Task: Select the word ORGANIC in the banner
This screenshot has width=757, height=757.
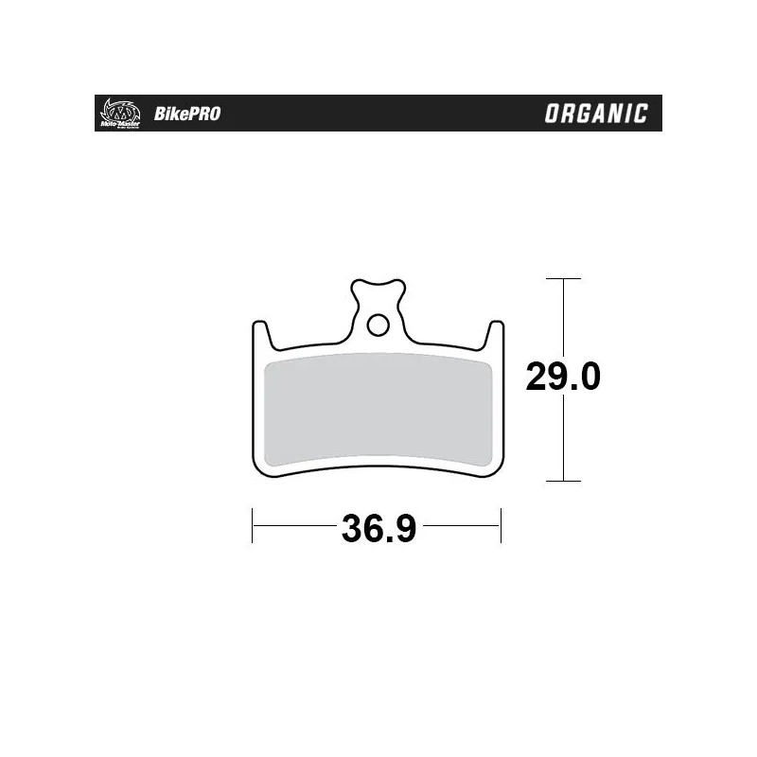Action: (596, 114)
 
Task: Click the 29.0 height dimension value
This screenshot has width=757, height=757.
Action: (564, 378)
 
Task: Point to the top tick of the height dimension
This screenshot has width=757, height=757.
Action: (564, 279)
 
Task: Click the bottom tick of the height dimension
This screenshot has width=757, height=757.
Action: (564, 482)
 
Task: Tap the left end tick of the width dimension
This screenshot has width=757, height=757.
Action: (253, 525)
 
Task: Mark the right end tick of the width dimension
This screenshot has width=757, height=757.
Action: (501, 525)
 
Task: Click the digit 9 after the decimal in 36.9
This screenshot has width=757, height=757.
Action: (405, 527)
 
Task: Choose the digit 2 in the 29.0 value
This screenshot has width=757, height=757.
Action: (537, 378)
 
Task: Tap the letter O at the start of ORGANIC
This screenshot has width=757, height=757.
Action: (552, 114)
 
